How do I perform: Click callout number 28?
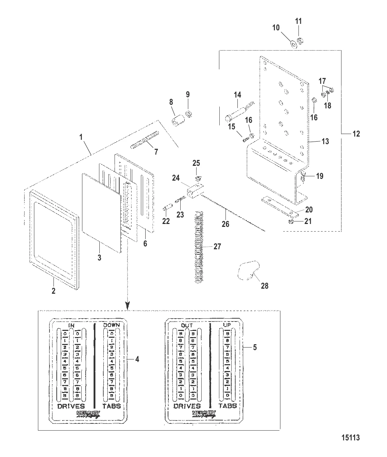(265, 286)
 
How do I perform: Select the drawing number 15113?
(350, 438)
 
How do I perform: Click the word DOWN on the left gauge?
(112, 325)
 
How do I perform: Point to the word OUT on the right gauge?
(187, 325)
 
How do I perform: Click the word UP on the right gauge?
(227, 325)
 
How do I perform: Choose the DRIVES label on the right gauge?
(187, 406)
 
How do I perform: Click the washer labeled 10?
(293, 44)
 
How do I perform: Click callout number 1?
(81, 137)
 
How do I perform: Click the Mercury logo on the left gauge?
(88, 414)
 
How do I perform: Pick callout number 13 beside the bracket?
(325, 141)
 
